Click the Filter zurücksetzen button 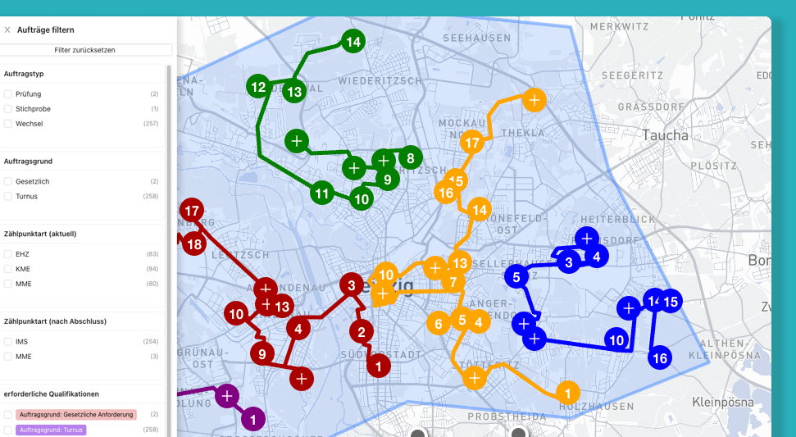click(84, 50)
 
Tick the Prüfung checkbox click(8, 94)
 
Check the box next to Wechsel click(8, 124)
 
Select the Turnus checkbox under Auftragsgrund click(8, 197)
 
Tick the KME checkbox click(8, 269)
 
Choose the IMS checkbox click(8, 341)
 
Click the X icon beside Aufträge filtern click(7, 30)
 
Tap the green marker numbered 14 click(353, 42)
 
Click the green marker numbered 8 click(410, 157)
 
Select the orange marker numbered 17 click(472, 143)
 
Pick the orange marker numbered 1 click(567, 392)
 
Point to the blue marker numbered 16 click(660, 357)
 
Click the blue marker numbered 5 click(516, 277)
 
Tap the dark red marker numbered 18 click(194, 244)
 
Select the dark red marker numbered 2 click(361, 332)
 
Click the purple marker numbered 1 click(252, 420)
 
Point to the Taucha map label click(666, 135)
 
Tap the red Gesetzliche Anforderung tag click(77, 415)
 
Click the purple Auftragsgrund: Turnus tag click(52, 430)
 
